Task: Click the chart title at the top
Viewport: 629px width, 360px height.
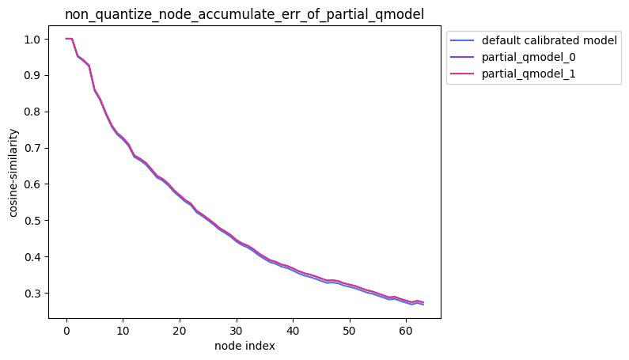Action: click(244, 13)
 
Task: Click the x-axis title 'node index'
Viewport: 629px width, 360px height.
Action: click(244, 346)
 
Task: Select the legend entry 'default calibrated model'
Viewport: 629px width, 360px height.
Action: click(549, 40)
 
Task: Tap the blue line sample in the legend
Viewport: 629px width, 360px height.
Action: click(463, 40)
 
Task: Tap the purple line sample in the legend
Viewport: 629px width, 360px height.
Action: click(463, 58)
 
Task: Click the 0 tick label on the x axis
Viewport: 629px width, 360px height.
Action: click(66, 329)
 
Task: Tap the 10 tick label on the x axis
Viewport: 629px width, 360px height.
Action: click(123, 329)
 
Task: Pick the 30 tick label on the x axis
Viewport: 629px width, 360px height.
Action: click(236, 329)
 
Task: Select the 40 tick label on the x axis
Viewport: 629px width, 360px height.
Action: click(293, 329)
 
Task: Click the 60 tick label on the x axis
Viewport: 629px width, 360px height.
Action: click(406, 329)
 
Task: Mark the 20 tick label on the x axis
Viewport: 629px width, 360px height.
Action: click(180, 329)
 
